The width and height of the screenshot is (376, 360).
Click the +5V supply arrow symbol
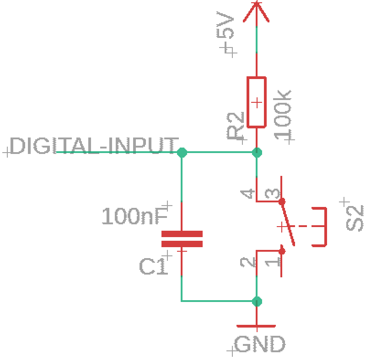click(256, 12)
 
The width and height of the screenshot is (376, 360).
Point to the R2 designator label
click(235, 126)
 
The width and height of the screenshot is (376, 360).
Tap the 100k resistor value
click(282, 115)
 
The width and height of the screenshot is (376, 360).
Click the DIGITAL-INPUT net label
click(94, 146)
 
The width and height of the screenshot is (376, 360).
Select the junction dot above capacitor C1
click(182, 152)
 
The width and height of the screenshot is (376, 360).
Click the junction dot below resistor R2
click(257, 152)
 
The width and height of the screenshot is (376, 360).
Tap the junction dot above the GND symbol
click(257, 302)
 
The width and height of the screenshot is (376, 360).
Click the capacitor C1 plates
click(182, 239)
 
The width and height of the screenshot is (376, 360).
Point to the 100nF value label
click(135, 216)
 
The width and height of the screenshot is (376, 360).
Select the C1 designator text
click(153, 266)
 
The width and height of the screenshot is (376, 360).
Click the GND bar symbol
click(256, 326)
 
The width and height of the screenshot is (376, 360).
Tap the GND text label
click(260, 344)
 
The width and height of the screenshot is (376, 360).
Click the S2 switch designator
click(355, 218)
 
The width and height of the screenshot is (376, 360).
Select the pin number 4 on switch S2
click(247, 194)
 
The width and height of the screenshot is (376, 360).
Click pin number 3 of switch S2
click(273, 194)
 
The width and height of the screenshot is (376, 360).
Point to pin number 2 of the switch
click(247, 262)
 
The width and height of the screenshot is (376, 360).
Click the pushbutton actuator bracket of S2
click(326, 227)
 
